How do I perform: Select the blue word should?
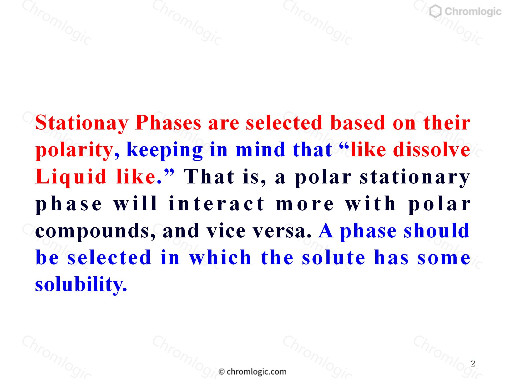tap(437, 230)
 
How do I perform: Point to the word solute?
tap(334, 257)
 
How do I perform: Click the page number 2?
tap(473, 363)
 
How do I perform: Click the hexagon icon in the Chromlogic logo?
tap(436, 12)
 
